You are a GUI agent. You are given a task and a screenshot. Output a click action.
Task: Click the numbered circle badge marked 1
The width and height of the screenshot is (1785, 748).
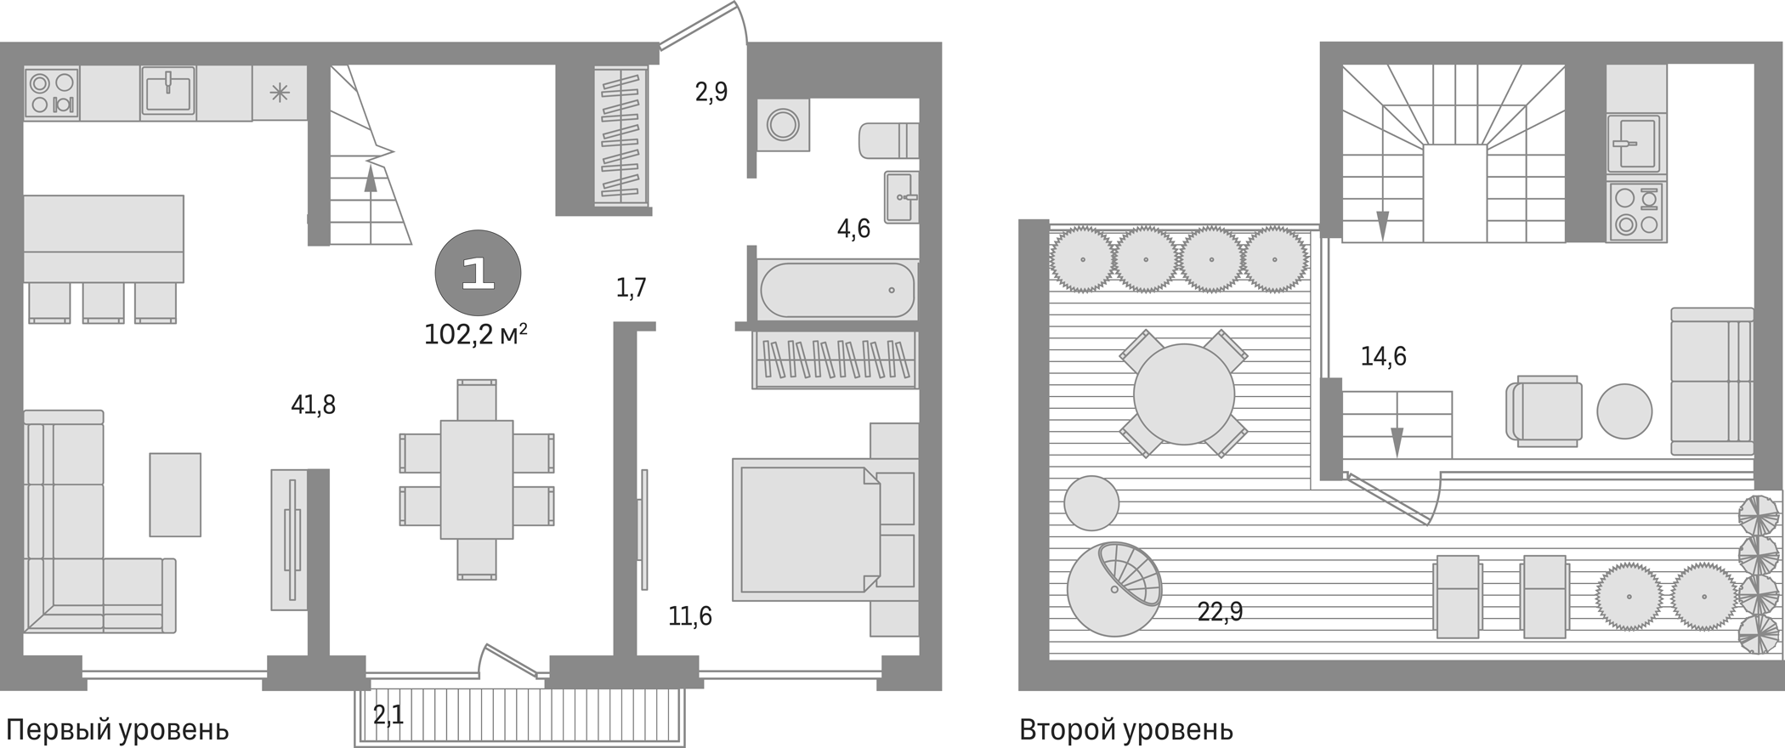tap(478, 273)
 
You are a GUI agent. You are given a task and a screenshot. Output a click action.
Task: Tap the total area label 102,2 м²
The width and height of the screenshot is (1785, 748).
tap(475, 335)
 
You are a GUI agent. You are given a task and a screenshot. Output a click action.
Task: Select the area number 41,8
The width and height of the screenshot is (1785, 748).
tap(313, 405)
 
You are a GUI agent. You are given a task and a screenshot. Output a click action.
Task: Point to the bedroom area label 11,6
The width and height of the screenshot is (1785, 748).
tap(689, 616)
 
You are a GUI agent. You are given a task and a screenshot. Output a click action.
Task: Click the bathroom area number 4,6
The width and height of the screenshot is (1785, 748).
tap(853, 229)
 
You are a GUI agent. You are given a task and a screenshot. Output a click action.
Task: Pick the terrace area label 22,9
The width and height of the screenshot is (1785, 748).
tap(1220, 611)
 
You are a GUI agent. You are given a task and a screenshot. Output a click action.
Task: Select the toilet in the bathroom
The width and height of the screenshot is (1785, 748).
tap(888, 140)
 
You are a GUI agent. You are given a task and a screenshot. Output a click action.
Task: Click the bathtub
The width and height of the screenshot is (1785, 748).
tap(837, 290)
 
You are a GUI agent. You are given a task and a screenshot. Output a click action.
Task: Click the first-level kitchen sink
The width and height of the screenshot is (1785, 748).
tap(168, 92)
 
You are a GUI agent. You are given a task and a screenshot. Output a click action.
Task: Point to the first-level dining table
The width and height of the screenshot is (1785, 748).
tap(476, 479)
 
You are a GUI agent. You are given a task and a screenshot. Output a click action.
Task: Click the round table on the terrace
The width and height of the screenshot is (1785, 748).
tap(1183, 394)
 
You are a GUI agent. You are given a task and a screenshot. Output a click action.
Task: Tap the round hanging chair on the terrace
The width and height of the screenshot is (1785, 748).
tap(1114, 588)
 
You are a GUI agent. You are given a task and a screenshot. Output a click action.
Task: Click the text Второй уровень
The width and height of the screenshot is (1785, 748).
tap(1125, 729)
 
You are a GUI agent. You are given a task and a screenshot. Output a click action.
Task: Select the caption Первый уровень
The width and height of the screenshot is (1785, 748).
tap(117, 729)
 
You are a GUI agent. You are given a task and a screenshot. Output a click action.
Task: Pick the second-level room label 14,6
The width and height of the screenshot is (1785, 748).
tap(1383, 356)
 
